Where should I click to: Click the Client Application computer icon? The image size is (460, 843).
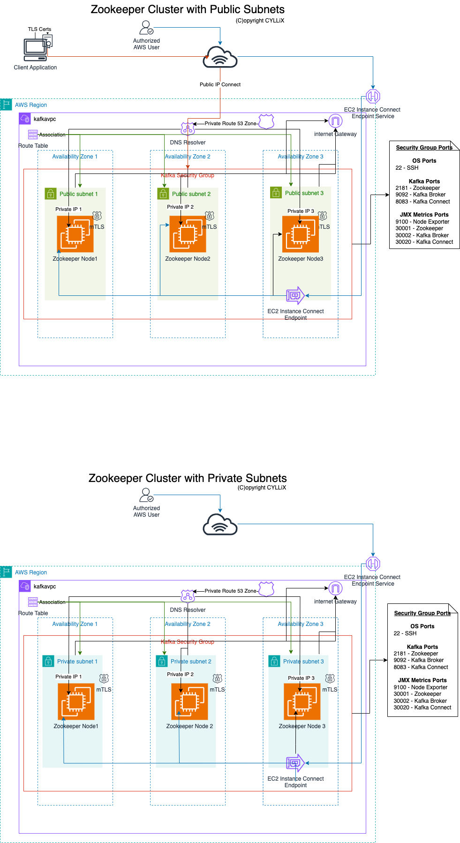[36, 49]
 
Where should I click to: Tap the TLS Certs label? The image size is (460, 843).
[39, 29]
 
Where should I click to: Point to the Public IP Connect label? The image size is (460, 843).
[220, 84]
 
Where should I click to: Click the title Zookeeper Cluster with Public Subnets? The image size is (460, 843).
[188, 9]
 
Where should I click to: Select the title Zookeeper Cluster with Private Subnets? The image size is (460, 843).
[188, 478]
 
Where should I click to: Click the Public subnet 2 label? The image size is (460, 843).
[191, 194]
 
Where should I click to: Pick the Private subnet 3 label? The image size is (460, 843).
[303, 662]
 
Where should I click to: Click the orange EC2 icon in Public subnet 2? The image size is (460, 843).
[188, 234]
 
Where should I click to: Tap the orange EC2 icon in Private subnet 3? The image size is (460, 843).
[302, 701]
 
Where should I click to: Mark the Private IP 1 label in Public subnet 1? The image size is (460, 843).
[68, 209]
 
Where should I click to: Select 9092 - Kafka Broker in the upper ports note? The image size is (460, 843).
[421, 195]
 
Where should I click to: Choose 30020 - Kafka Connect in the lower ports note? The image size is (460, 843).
[422, 708]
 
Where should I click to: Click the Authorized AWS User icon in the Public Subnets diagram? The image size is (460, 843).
[146, 27]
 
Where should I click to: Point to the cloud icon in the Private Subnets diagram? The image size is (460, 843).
[220, 524]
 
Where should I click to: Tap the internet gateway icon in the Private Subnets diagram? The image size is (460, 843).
[335, 588]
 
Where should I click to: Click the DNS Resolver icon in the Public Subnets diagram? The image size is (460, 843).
[188, 129]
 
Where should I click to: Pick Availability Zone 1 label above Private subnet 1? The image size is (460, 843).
[75, 624]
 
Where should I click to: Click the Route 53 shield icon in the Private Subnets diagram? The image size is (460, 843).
[266, 589]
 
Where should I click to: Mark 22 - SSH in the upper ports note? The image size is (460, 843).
[407, 168]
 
